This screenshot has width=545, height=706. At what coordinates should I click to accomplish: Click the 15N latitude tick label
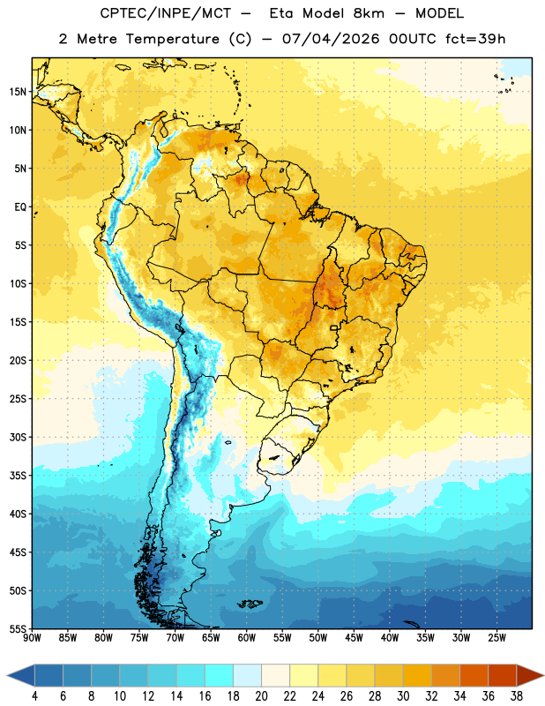click(18, 92)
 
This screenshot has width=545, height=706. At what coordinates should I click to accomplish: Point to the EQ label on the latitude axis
click(20, 207)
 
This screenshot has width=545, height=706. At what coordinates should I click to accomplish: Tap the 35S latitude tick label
click(18, 476)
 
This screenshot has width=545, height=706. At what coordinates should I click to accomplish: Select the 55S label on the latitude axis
click(18, 628)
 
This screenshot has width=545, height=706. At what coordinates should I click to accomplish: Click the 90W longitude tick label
click(32, 638)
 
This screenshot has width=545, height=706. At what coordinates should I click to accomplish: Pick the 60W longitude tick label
click(247, 638)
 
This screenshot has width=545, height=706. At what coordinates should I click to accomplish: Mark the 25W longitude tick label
click(496, 638)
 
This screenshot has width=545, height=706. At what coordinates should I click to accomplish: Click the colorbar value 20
click(261, 696)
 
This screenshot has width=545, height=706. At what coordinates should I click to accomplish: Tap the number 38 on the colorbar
click(517, 696)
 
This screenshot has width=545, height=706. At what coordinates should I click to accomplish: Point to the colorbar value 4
click(34, 696)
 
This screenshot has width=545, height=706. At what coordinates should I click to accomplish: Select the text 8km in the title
click(369, 13)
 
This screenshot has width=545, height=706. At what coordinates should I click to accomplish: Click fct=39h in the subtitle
click(475, 39)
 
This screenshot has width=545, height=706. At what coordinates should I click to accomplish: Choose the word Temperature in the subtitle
click(172, 39)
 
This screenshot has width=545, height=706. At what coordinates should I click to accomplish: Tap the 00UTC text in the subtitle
click(413, 39)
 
